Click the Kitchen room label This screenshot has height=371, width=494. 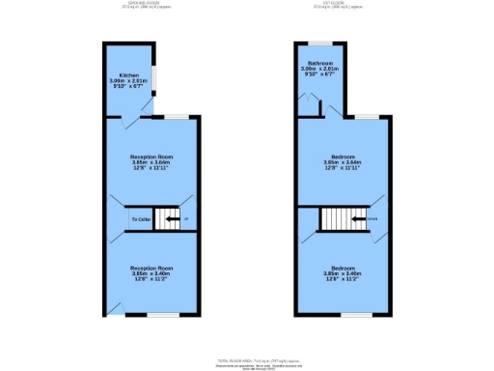129,74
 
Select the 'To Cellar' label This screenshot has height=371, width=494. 141,220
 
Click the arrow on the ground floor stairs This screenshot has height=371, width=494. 172,219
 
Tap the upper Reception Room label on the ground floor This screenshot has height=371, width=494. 151,156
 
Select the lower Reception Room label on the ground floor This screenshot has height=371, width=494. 151,267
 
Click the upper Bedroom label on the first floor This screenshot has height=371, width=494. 343,156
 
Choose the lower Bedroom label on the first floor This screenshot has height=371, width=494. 343,267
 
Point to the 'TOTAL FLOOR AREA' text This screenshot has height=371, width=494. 247,357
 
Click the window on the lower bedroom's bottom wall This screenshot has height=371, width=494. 356,314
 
